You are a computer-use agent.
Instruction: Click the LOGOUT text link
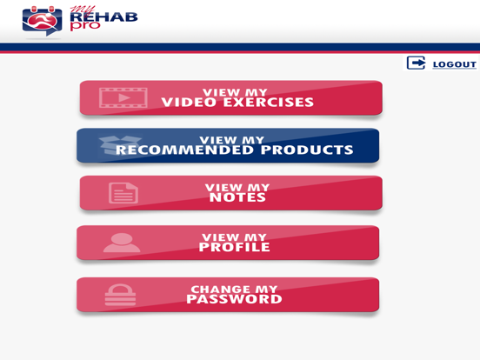tap(455, 64)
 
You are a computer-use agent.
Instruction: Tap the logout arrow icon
tap(417, 63)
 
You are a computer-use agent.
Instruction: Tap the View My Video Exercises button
tap(230, 98)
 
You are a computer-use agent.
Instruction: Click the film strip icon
tap(123, 97)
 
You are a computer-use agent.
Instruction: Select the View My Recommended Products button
tap(228, 145)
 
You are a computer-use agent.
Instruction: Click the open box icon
tap(119, 145)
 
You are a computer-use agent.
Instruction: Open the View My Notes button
tap(230, 193)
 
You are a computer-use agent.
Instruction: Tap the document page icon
tap(123, 192)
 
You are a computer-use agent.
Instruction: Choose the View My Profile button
tap(228, 243)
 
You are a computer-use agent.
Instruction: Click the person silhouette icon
tap(121, 243)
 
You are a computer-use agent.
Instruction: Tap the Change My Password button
tap(228, 295)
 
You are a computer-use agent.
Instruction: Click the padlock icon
tap(120, 295)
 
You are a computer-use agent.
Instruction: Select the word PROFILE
tap(235, 248)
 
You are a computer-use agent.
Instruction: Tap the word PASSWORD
tap(234, 300)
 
